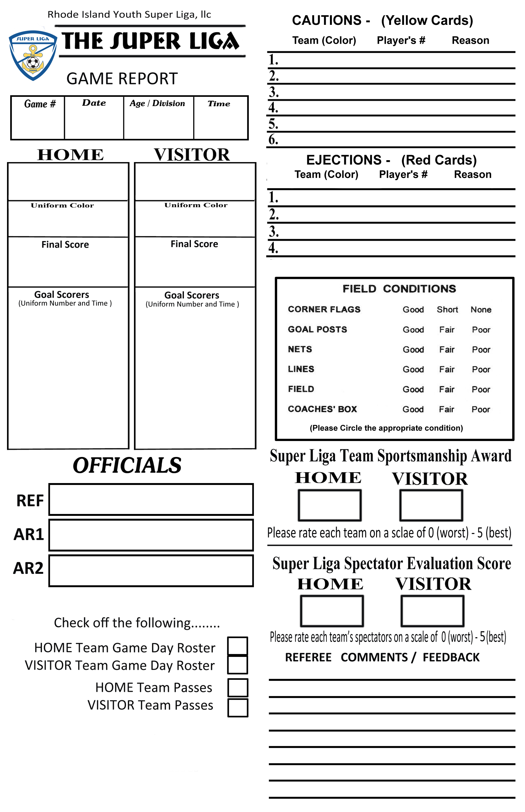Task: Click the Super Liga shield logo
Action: click(33, 56)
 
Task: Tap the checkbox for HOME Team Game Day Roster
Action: click(238, 646)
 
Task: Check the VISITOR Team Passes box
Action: click(238, 708)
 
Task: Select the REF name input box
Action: click(151, 500)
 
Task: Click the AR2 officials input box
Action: click(151, 571)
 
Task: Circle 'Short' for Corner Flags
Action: click(447, 310)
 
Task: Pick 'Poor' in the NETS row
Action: click(481, 349)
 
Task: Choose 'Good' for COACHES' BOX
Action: click(413, 409)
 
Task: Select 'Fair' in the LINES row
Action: click(447, 369)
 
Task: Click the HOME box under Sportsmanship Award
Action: click(330, 505)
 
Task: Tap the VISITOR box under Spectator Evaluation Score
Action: click(432, 611)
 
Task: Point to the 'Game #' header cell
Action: click(39, 104)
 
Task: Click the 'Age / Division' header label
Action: click(157, 103)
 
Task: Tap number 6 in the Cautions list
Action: click(273, 139)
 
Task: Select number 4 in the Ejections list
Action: click(273, 247)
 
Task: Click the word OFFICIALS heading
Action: click(127, 465)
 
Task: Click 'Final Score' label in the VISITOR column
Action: click(194, 244)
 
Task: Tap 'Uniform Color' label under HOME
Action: click(62, 205)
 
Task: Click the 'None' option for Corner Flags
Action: click(481, 310)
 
